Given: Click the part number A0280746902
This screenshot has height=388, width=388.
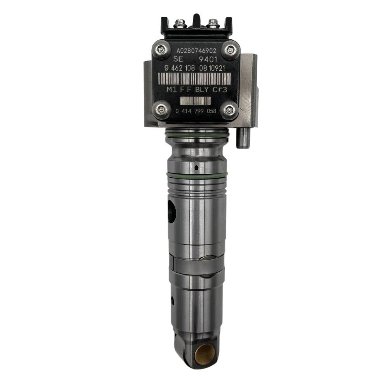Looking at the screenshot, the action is coord(196,51).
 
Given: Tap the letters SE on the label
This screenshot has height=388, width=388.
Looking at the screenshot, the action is coord(178,59).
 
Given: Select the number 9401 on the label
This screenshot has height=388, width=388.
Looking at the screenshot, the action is coord(208,59).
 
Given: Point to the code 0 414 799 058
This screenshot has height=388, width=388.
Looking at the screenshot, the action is coord(196,111).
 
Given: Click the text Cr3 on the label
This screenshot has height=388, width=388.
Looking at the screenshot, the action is coord(220,89).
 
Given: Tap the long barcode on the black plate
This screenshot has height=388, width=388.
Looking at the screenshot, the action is coord(194,79).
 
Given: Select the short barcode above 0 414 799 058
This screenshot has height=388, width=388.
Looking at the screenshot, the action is coord(195,101).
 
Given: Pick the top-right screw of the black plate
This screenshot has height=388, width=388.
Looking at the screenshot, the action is coord(230,50).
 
